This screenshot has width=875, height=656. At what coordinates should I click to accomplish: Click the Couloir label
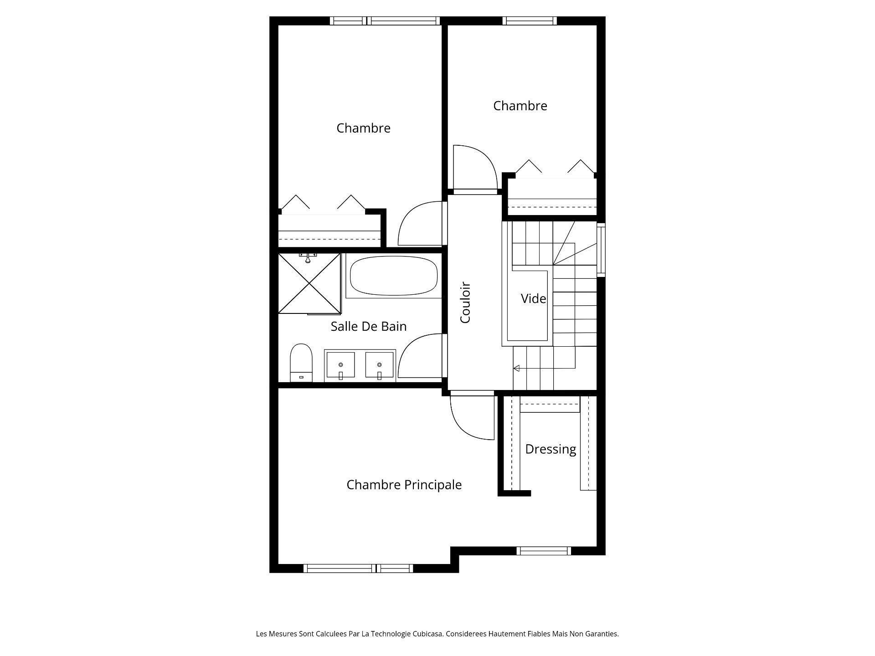pos(465,303)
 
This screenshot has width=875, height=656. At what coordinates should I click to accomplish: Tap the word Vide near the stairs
pos(533,299)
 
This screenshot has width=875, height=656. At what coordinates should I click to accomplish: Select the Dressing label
pos(551,449)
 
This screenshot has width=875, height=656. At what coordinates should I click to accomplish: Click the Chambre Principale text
pos(404,485)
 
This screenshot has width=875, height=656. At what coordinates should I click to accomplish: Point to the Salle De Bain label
pos(368,327)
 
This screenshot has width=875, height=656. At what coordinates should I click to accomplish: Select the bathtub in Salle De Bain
pos(394,276)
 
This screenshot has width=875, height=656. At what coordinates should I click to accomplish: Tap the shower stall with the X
pos(309,283)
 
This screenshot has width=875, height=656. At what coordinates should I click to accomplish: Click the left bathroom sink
pos(340,364)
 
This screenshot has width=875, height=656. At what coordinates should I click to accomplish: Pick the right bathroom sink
pos(379,364)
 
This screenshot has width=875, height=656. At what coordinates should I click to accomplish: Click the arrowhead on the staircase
pos(516,368)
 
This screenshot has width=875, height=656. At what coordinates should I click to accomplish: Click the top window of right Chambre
pos(530,20)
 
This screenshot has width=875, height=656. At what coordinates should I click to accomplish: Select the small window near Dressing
pos(544,551)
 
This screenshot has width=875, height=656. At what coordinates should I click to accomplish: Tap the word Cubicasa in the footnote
pos(427,634)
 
